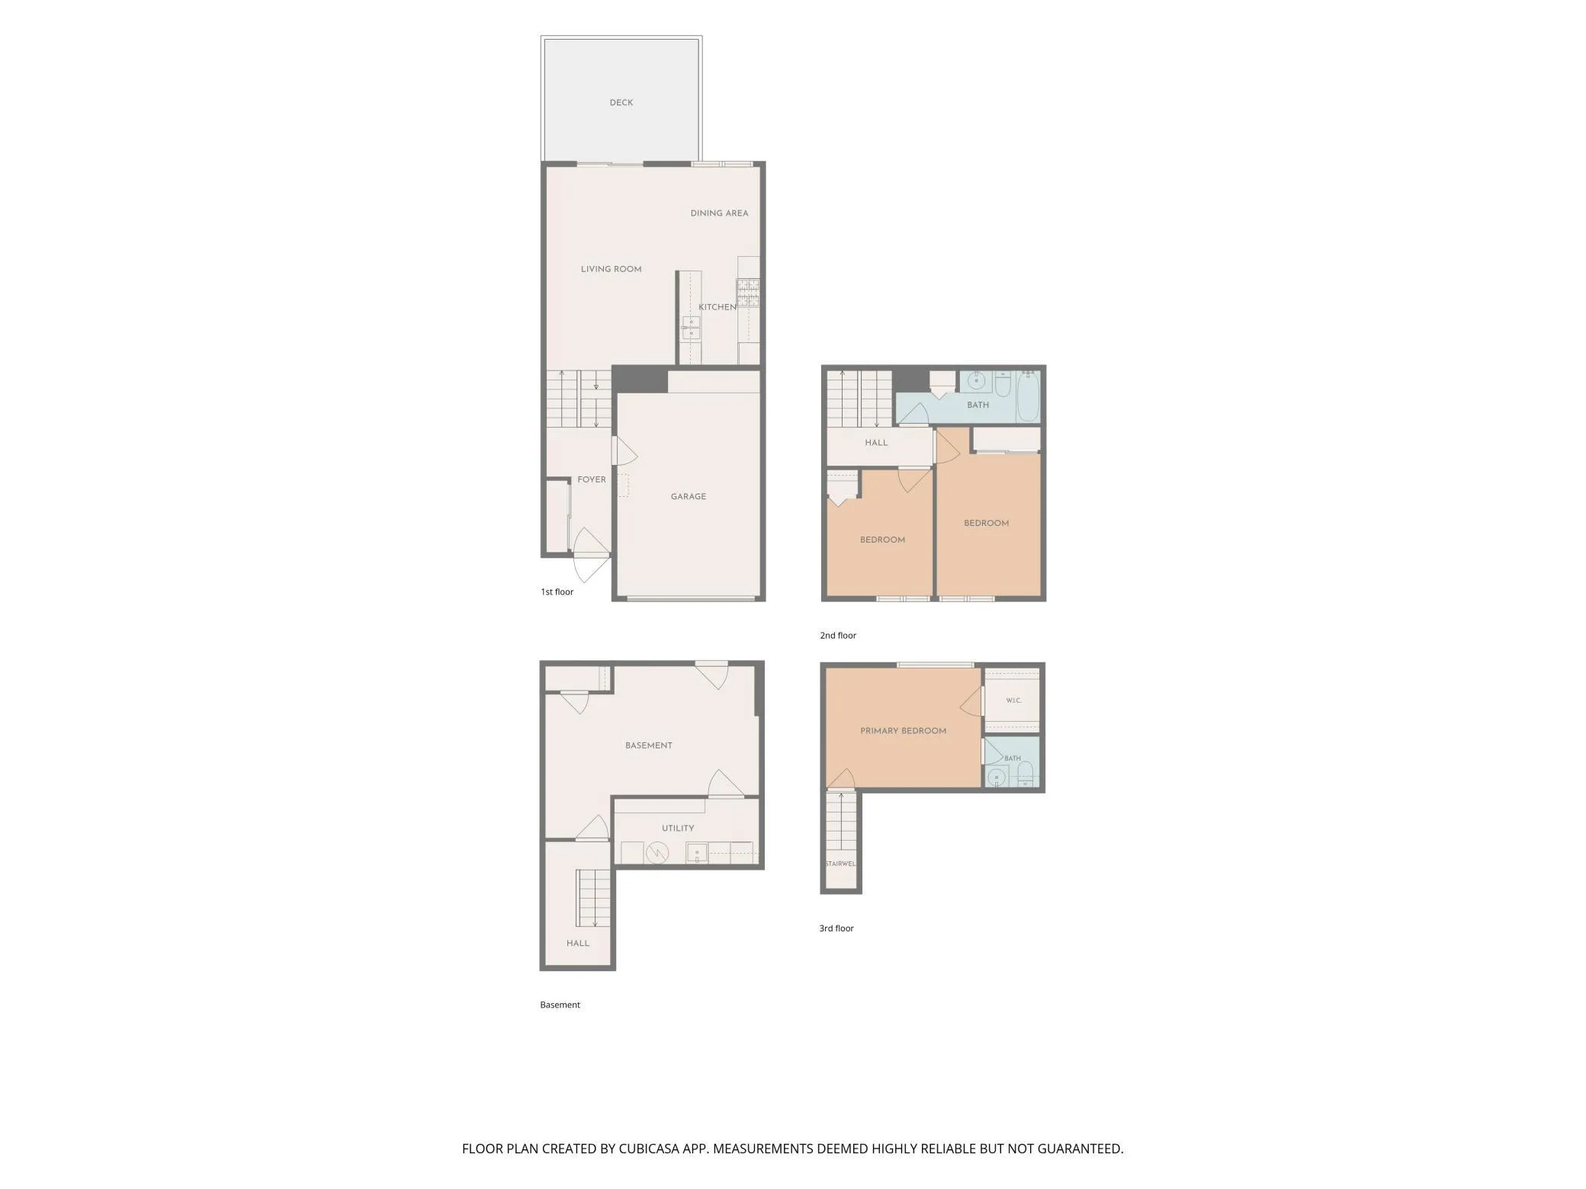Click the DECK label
[621, 103]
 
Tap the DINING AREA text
[719, 213]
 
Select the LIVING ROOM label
[611, 269]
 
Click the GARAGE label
[689, 497]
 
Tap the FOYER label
[592, 480]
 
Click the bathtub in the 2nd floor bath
[1028, 396]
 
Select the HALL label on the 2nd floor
[876, 443]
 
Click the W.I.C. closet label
[1013, 700]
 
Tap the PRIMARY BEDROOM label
[904, 731]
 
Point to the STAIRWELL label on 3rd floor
[840, 864]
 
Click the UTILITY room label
[678, 828]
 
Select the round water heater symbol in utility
[657, 853]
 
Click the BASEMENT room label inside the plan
[649, 745]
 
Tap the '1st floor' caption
[557, 592]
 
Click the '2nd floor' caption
[838, 636]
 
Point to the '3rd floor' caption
[836, 928]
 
